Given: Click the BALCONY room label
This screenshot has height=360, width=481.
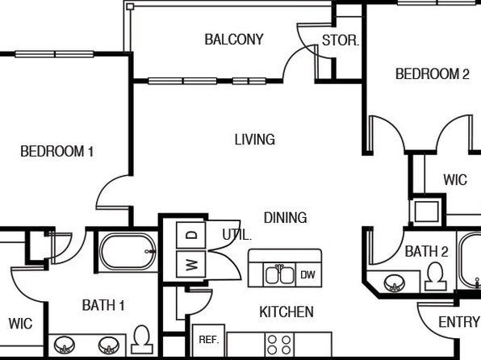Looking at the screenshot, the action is [x=234, y=40].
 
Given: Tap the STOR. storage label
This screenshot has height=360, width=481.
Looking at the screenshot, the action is [x=341, y=40].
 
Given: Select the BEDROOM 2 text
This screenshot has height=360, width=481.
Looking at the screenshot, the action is [x=433, y=73].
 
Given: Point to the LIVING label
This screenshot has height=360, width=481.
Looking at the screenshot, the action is [x=254, y=140].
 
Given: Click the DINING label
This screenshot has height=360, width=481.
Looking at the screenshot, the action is [x=285, y=217].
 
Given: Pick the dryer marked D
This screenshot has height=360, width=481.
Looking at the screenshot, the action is [x=190, y=236].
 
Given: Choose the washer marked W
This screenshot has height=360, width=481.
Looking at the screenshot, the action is [x=190, y=264].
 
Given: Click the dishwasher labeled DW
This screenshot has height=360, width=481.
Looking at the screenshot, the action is [x=308, y=274].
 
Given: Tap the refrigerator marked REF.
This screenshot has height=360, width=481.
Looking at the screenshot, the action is [x=208, y=340].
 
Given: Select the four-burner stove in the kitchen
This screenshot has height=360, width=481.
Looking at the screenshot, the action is [x=279, y=345].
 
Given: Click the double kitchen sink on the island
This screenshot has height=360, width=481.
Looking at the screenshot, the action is [x=279, y=274].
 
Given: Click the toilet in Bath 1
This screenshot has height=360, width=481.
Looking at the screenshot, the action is [x=142, y=340].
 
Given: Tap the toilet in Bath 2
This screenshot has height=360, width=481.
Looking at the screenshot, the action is [x=436, y=277].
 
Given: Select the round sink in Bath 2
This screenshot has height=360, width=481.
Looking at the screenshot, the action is [x=394, y=283].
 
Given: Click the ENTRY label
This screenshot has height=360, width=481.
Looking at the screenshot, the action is [x=459, y=322].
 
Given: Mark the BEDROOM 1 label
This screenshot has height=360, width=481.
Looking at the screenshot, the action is [x=56, y=151].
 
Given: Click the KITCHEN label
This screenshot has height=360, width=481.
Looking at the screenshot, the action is [x=287, y=312].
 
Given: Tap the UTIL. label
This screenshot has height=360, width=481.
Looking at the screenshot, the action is [x=236, y=235].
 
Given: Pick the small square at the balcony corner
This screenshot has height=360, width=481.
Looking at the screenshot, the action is [x=130, y=6].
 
